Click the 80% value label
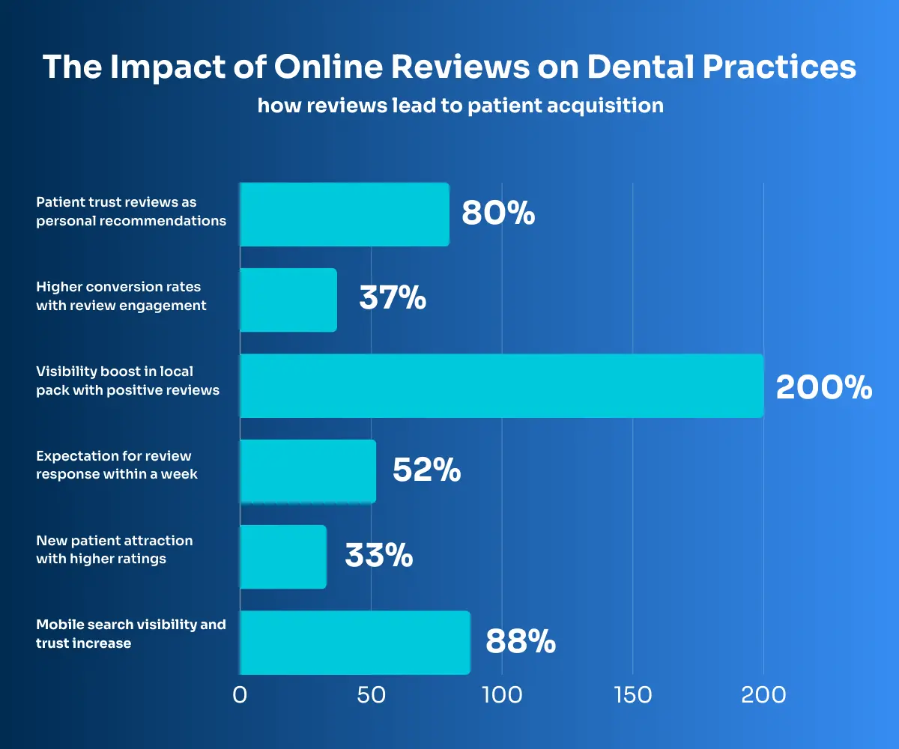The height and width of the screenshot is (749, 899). pyautogui.click(x=498, y=213)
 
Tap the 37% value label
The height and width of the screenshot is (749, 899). pyautogui.click(x=393, y=300)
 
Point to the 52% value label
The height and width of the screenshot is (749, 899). pyautogui.click(x=426, y=471)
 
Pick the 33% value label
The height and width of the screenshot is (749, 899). pyautogui.click(x=378, y=557)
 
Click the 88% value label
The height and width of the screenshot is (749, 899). pyautogui.click(x=521, y=643)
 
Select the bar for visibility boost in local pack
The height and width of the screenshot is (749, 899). pyautogui.click(x=501, y=386)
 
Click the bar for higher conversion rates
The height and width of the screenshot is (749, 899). pyautogui.click(x=288, y=300)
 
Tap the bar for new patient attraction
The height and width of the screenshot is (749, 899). pyautogui.click(x=283, y=557)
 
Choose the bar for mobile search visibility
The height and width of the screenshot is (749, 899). pyautogui.click(x=355, y=643)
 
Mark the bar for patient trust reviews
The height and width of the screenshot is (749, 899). pyautogui.click(x=345, y=214)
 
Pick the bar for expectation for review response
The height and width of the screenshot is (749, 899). pyautogui.click(x=308, y=471)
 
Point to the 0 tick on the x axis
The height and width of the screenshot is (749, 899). pyautogui.click(x=240, y=695)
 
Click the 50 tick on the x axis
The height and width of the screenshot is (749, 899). pyautogui.click(x=371, y=695)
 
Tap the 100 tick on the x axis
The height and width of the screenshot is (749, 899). pyautogui.click(x=501, y=695)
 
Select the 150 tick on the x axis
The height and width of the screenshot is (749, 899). pyautogui.click(x=632, y=695)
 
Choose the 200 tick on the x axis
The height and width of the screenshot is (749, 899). pyautogui.click(x=763, y=695)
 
